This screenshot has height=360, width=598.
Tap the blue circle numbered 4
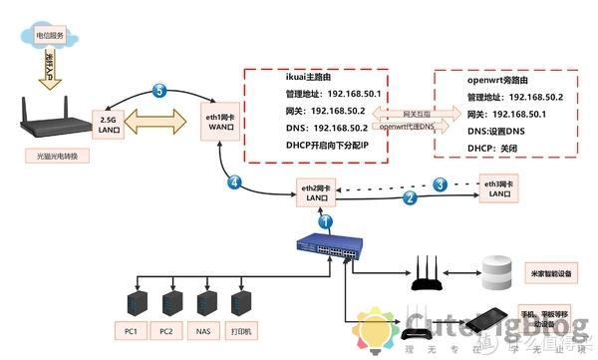[235, 183]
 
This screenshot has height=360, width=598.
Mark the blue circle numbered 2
[410, 198]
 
